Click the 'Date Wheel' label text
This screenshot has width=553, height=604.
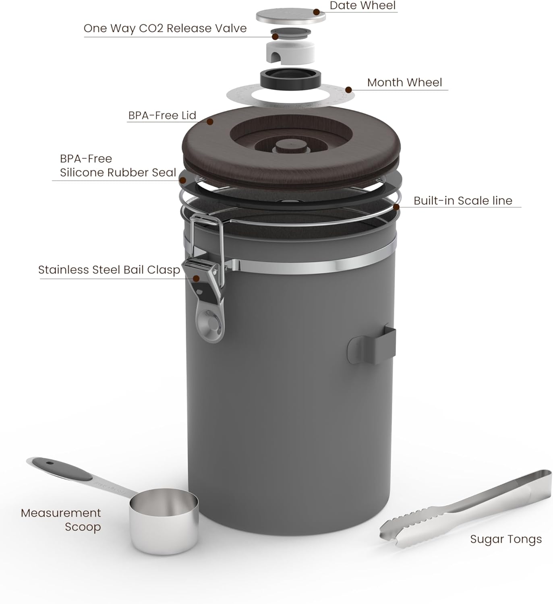(362, 6)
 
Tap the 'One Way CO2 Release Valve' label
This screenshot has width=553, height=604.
(165, 29)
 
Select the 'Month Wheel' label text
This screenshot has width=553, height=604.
(404, 83)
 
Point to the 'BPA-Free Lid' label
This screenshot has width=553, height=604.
(162, 116)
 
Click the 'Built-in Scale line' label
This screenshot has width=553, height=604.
(463, 201)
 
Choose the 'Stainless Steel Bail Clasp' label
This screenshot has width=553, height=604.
(109, 270)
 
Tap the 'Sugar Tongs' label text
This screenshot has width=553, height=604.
(506, 539)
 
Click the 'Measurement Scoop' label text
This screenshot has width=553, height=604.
(61, 520)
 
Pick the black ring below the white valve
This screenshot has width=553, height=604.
(290, 78)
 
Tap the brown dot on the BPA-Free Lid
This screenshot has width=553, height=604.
(210, 121)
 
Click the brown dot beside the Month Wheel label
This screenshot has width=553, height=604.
(349, 90)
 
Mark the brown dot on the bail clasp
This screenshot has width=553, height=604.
(196, 278)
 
